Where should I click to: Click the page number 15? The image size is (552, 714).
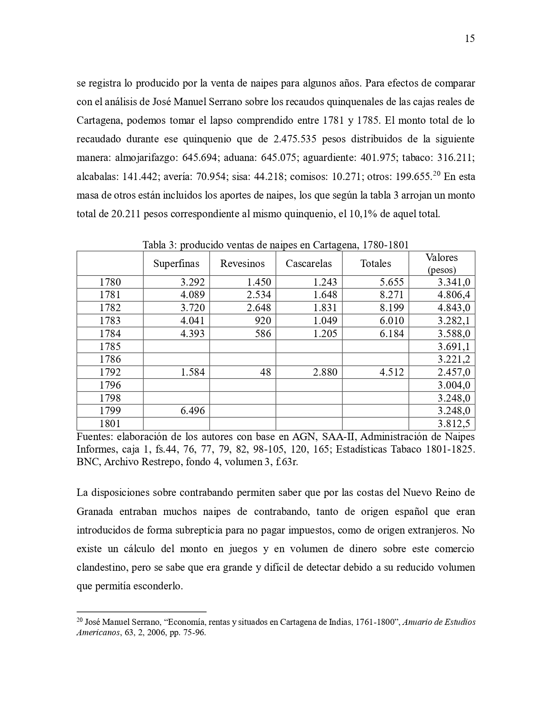coord(470,39)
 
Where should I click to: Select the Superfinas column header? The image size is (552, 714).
coord(176,264)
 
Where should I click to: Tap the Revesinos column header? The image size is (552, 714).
coord(242,264)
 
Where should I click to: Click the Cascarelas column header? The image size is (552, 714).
coord(309,264)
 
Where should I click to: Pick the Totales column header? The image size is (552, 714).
coord(375,264)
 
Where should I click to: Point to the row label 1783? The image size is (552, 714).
coord(110,321)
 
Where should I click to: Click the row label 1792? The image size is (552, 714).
coord(110,372)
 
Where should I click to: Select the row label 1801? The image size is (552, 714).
coord(110,424)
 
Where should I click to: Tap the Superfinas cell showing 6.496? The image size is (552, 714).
coord(193,411)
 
